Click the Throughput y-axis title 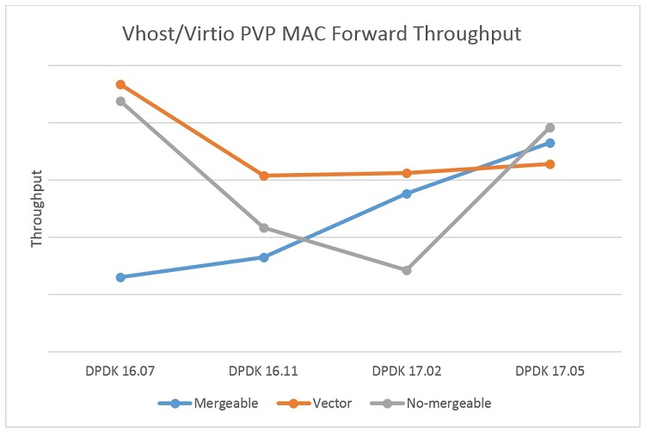click(37, 208)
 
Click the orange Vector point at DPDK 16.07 click(120, 84)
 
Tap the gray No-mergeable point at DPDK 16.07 click(120, 101)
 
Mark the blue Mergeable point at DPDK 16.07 click(120, 277)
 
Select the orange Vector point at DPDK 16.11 click(264, 176)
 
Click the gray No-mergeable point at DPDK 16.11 click(264, 228)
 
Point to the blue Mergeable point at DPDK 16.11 click(264, 257)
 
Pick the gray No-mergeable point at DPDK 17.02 click(407, 270)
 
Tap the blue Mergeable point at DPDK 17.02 click(407, 194)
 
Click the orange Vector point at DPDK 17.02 click(407, 173)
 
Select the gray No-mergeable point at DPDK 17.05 click(550, 127)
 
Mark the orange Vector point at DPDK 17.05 click(550, 163)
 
